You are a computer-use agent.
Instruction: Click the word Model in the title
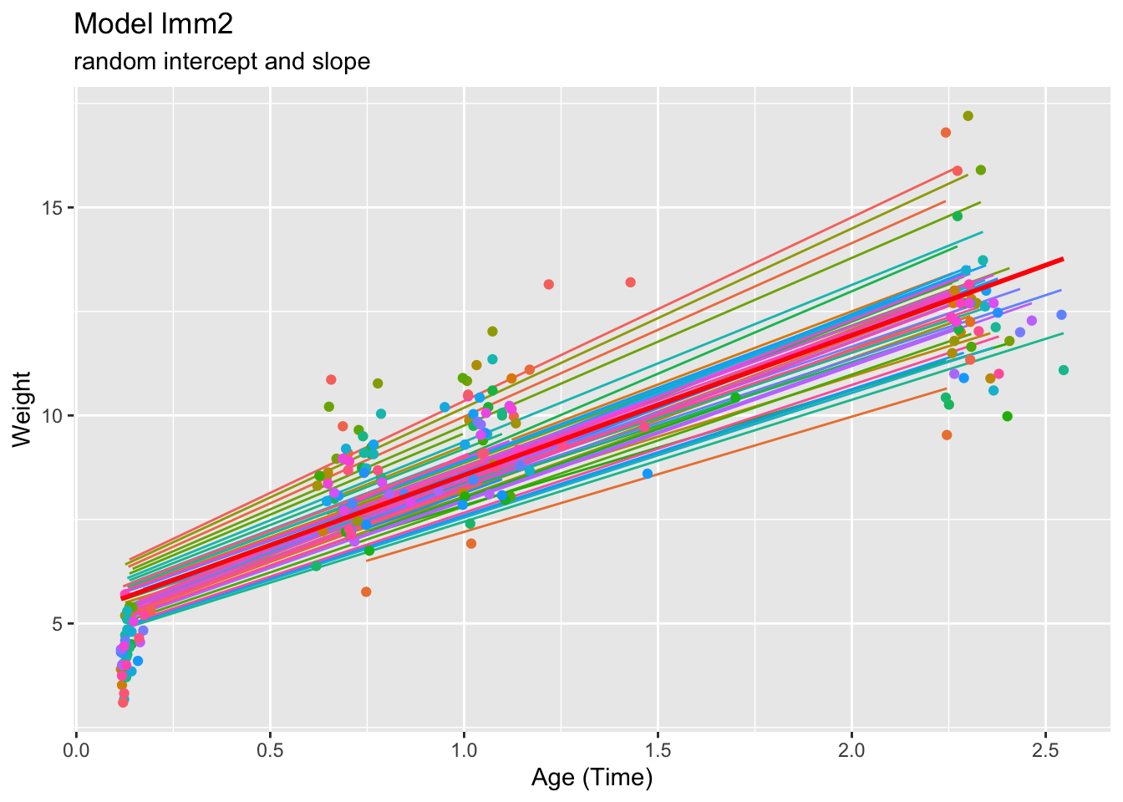point(109,25)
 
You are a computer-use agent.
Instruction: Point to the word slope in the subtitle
point(343,62)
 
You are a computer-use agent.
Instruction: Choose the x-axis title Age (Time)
point(592,778)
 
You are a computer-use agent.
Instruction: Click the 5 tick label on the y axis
point(57,624)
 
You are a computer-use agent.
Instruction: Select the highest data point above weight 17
point(968,116)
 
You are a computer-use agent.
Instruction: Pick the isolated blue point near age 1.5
point(648,474)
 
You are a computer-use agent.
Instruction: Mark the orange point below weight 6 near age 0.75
point(366,591)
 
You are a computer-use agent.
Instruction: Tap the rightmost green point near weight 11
point(1063,370)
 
